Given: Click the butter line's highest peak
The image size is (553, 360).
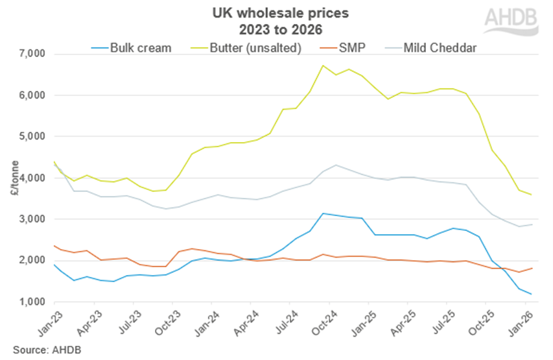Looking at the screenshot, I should click(323, 66).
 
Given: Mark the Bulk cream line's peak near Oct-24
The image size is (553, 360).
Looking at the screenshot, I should click(323, 213).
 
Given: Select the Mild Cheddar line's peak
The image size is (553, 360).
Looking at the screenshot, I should click(335, 165).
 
